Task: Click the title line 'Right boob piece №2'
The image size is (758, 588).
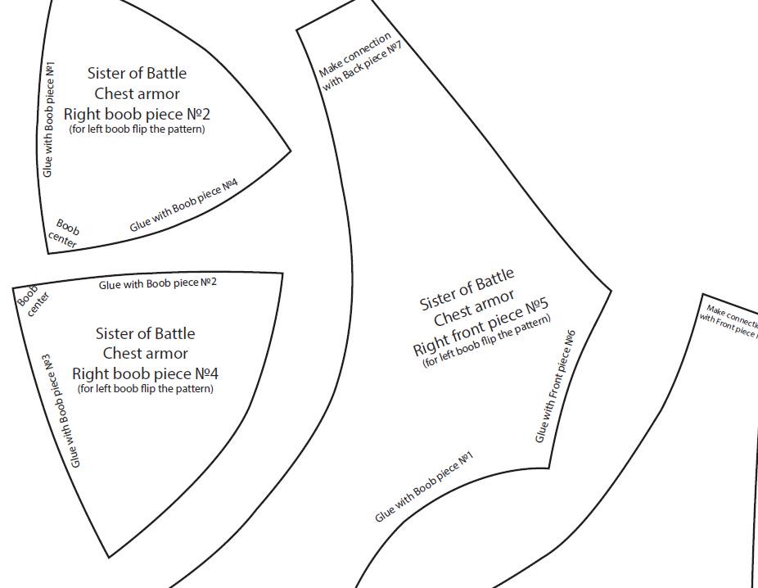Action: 137,115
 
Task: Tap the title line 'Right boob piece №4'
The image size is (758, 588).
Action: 145,373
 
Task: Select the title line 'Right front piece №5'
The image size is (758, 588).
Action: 481,328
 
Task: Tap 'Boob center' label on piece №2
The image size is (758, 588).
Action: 65,233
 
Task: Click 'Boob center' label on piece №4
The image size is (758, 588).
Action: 33,300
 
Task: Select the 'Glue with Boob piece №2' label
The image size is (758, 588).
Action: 158,283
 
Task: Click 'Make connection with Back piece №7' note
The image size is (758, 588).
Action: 360,62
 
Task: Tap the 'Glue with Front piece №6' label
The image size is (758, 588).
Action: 556,386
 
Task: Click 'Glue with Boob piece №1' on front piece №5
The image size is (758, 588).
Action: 424,487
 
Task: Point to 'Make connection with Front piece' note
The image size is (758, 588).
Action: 729,319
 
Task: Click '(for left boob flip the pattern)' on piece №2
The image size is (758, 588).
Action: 137,129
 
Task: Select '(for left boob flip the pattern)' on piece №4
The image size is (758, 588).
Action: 145,389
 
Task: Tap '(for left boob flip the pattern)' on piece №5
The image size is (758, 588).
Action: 487,341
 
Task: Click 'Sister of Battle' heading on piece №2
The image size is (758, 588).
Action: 137,73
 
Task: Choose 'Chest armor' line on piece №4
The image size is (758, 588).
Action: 145,353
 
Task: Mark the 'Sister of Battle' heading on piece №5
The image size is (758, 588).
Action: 467,289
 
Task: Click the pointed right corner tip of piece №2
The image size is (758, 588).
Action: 291,152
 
